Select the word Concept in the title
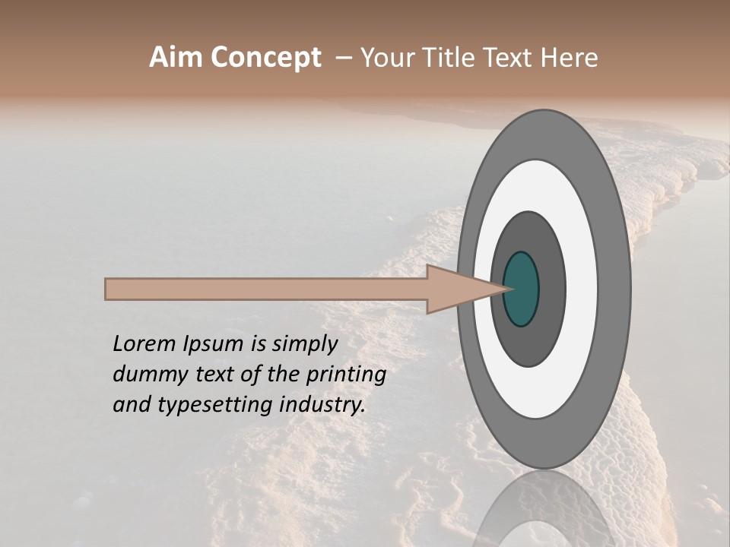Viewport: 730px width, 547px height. (265, 58)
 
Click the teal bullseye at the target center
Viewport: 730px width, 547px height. (521, 289)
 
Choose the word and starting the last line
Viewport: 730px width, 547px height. (130, 405)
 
